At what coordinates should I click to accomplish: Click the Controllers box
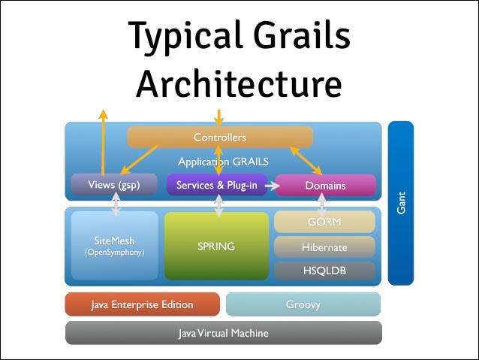[219, 138]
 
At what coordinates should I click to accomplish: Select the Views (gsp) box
[115, 185]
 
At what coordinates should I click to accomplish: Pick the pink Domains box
[325, 185]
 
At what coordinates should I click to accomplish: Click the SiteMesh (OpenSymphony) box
[115, 246]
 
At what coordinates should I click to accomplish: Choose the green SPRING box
[216, 246]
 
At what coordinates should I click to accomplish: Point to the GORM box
[324, 222]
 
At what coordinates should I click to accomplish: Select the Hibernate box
[324, 247]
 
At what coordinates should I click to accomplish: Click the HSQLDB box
[324, 269]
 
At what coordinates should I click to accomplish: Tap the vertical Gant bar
[401, 203]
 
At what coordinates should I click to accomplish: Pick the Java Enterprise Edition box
[142, 304]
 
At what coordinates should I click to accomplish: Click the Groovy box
[303, 304]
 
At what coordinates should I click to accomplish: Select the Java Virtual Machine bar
[223, 332]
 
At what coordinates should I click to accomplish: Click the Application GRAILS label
[223, 162]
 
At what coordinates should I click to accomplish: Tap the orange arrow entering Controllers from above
[218, 118]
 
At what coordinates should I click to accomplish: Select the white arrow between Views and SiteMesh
[116, 203]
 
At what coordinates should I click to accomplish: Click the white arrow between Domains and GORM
[323, 202]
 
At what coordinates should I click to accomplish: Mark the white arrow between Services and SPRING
[218, 204]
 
